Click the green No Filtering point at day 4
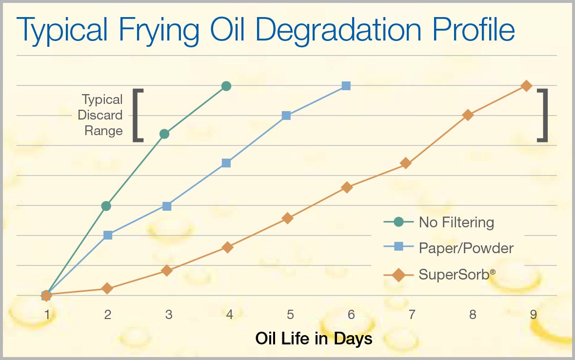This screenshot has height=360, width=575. pos(226,86)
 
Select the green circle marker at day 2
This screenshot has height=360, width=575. pos(106,206)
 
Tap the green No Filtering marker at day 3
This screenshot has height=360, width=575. pos(165,134)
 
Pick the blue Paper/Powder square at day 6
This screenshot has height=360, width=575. pos(346,86)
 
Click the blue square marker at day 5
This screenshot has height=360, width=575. pos(286,116)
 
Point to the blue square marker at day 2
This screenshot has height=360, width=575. pos(108,235)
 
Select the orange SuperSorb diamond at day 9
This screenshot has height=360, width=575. pos(527,86)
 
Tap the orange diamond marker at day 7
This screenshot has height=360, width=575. pos(406,163)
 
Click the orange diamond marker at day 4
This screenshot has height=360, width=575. pos(228,247)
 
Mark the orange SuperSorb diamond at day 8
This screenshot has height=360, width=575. pos(468,115)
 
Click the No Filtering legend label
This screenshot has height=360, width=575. pos(456,222)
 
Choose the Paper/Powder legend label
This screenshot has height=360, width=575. pos(466,248)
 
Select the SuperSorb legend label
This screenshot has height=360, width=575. pos(457,275)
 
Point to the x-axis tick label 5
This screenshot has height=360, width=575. pos(291,315)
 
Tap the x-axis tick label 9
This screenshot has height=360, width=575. pos(534,315)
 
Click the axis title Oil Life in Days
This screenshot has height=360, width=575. pos(314,339)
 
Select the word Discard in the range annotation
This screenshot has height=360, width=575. pos(100,115)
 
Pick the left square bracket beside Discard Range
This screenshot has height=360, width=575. pos(137,115)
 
